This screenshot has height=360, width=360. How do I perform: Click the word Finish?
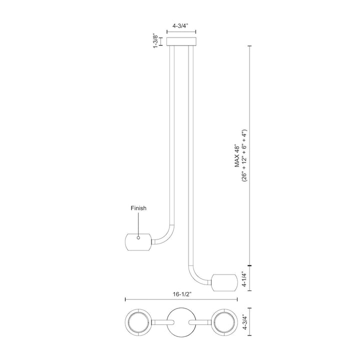[x=138, y=208]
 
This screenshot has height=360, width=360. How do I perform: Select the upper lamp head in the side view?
[x=137, y=241]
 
